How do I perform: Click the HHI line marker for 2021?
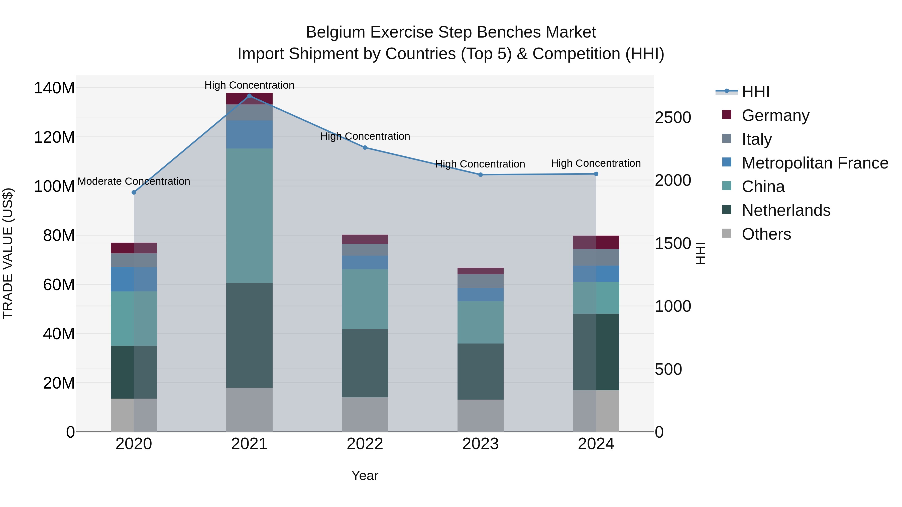(x=249, y=96)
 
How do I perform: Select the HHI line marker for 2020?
(x=134, y=193)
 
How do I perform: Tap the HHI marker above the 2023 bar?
(x=480, y=175)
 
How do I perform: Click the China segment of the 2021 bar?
(x=249, y=216)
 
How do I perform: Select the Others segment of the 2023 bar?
(x=480, y=415)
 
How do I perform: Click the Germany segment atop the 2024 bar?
(x=596, y=242)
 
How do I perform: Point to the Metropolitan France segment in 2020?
(x=134, y=279)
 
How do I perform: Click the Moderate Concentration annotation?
(x=134, y=181)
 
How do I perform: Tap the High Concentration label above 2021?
(x=249, y=85)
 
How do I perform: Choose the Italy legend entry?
(x=756, y=139)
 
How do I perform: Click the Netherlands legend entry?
(x=786, y=210)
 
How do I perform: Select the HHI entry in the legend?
(x=755, y=92)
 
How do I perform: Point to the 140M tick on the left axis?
(x=54, y=88)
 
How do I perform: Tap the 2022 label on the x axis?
(x=365, y=444)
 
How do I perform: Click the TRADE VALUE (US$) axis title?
(x=8, y=253)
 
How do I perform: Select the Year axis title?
(x=365, y=475)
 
